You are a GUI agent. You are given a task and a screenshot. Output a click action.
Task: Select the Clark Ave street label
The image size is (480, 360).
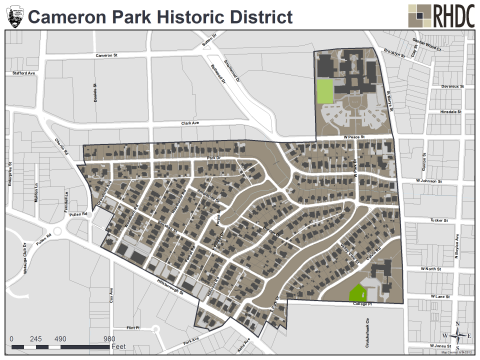[191, 124]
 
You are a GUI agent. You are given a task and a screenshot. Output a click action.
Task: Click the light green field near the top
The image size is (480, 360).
[324, 90]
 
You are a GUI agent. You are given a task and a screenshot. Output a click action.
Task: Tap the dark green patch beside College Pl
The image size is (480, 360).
[357, 293]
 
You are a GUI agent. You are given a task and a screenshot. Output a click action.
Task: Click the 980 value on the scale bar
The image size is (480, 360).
[110, 337]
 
